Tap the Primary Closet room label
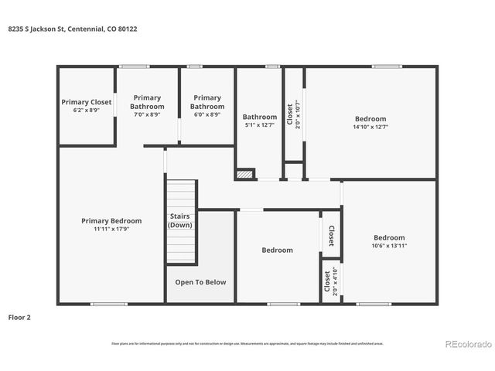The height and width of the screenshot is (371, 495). (x=87, y=102)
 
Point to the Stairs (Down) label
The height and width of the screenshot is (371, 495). (x=179, y=221)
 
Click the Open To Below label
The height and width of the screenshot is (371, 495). (x=200, y=282)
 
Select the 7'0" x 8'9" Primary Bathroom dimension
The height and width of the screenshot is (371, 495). (x=147, y=114)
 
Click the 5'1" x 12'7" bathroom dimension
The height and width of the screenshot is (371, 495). (x=260, y=125)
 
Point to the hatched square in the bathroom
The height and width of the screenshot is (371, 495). (x=244, y=175)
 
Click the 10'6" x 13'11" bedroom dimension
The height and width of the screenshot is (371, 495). (x=389, y=246)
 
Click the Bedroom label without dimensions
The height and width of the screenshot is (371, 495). (x=277, y=250)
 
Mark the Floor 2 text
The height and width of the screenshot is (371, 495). (x=19, y=317)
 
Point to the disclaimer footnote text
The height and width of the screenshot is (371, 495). (x=247, y=343)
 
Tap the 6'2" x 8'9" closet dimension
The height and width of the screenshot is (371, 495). (x=87, y=110)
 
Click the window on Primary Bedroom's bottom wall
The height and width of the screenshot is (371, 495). (x=108, y=304)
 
